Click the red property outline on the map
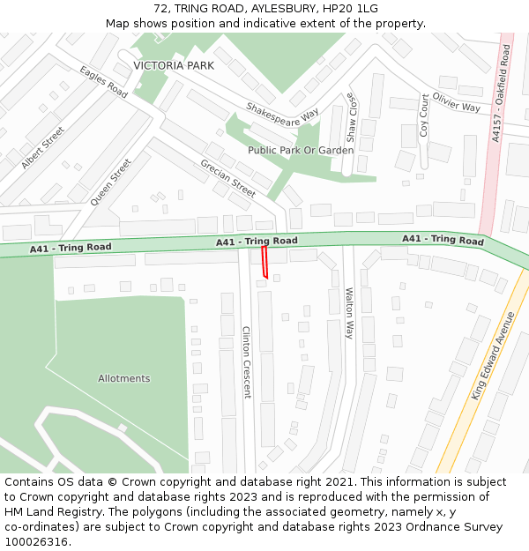pyautogui.click(x=264, y=263)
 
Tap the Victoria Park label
pyautogui.click(x=174, y=66)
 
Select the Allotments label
pyautogui.click(x=123, y=379)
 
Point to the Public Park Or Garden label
pyautogui.click(x=301, y=151)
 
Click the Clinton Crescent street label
pyautogui.click(x=247, y=361)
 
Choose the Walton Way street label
pyautogui.click(x=349, y=313)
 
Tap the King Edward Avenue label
pyautogui.click(x=491, y=355)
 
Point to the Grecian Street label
pyautogui.click(x=227, y=178)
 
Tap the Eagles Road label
pyautogui.click(x=103, y=82)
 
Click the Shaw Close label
pyautogui.click(x=350, y=117)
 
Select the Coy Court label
pyautogui.click(x=424, y=115)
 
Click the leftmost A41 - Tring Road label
pyautogui.click(x=71, y=248)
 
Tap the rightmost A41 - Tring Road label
pyautogui.click(x=443, y=240)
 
